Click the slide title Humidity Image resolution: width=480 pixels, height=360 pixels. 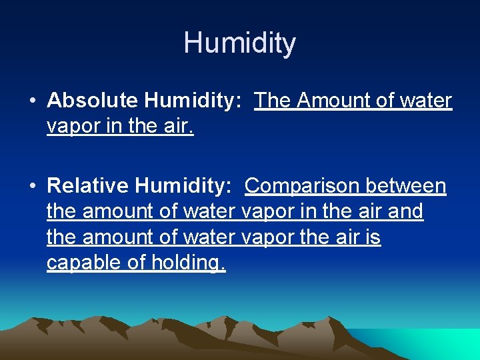click(240, 43)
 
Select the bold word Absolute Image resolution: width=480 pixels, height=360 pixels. click(93, 101)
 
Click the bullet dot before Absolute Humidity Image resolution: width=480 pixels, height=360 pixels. click(33, 101)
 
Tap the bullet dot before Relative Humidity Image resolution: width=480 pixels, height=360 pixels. click(33, 187)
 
